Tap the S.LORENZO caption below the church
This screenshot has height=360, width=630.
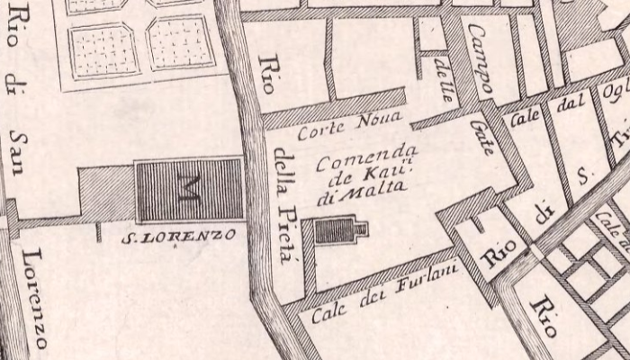click(x=179, y=237)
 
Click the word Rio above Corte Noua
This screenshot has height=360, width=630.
click(x=266, y=75)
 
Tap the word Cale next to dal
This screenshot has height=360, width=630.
click(x=524, y=117)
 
